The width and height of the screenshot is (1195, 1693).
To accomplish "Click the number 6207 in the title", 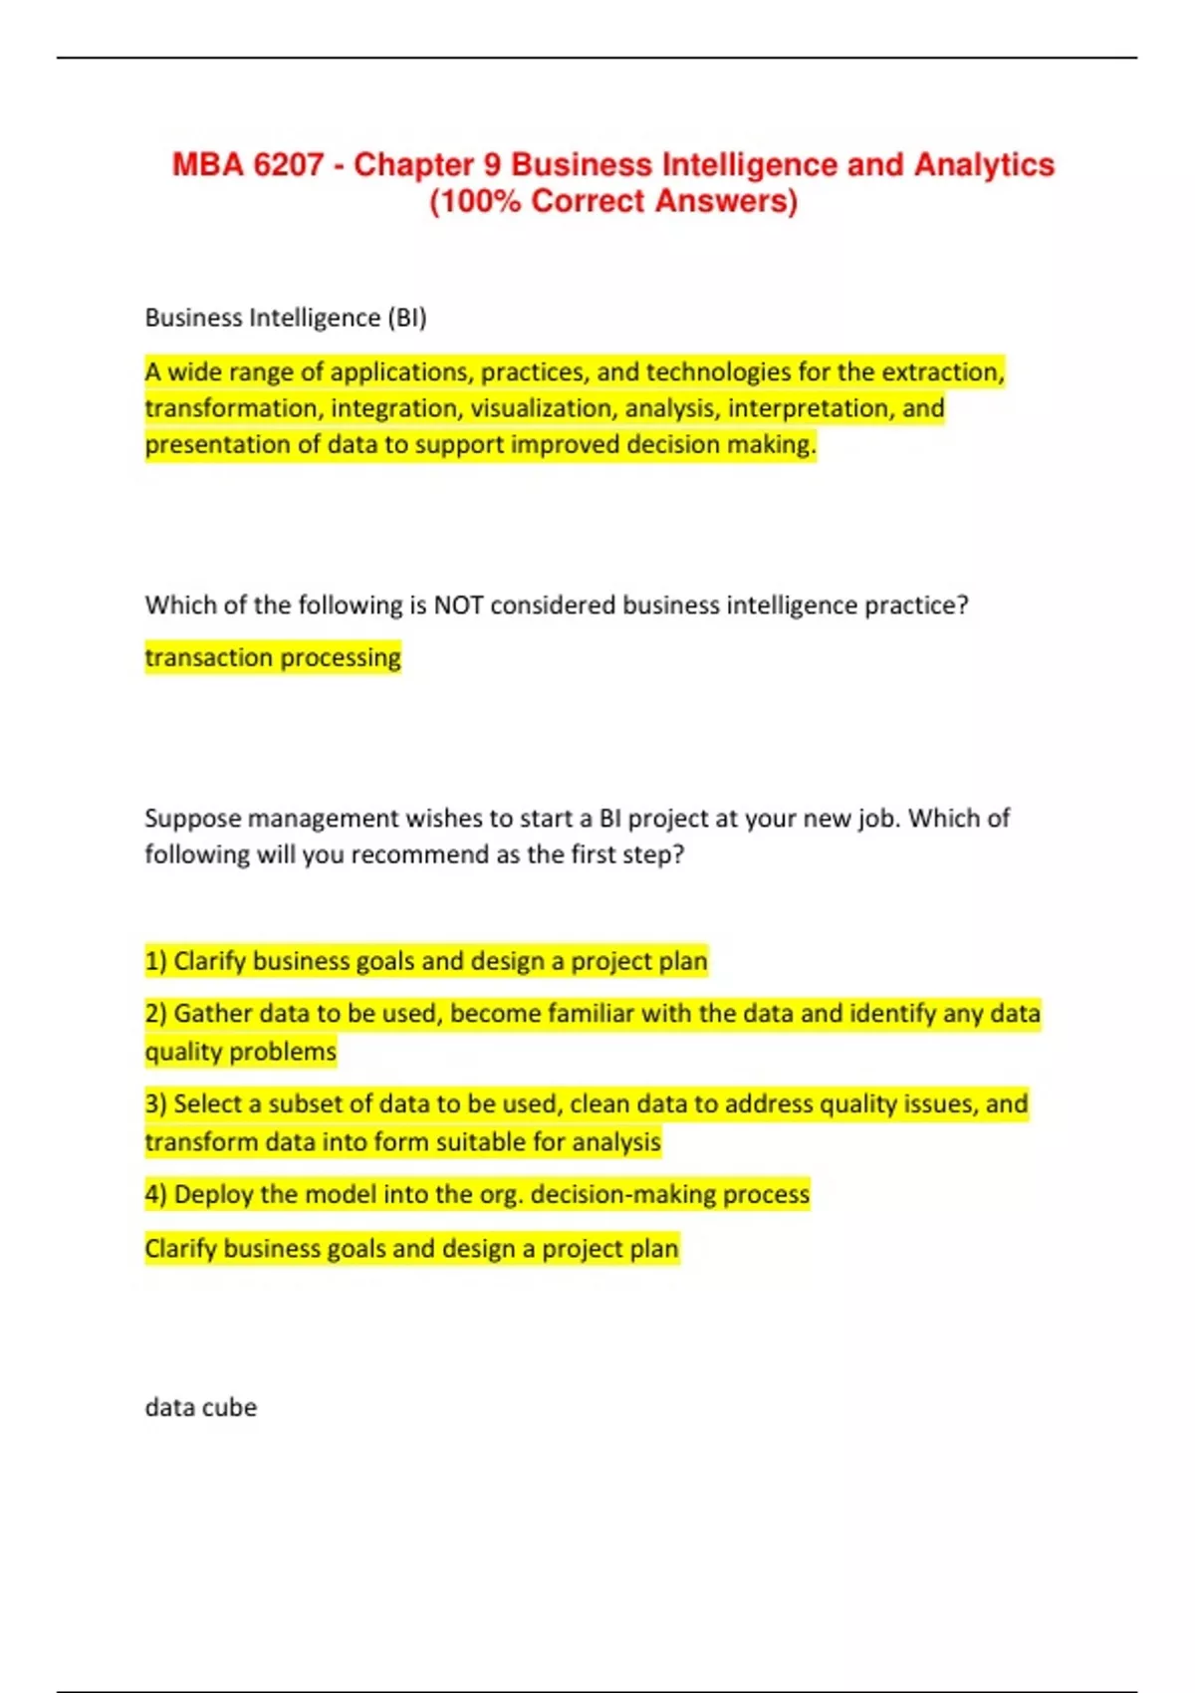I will [288, 164].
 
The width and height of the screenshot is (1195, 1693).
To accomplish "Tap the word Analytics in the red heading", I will [983, 164].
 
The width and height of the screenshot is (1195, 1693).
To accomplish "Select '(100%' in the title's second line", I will [475, 201].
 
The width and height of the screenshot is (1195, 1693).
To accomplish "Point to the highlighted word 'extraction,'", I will [943, 372].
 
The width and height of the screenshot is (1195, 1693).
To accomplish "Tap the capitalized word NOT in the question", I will [459, 605].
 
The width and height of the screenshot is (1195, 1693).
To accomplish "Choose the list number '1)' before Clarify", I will [155, 961].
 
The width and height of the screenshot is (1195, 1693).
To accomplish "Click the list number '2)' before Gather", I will [155, 1014].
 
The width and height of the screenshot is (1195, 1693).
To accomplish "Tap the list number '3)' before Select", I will [155, 1104].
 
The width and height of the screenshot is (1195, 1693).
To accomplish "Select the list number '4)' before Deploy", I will [155, 1194].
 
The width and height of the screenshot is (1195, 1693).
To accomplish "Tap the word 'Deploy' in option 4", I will [213, 1194].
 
